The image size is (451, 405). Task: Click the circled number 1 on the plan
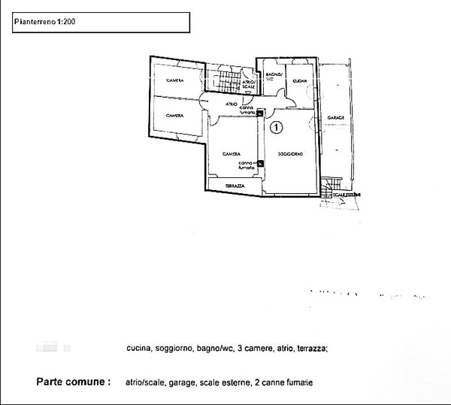(276, 128)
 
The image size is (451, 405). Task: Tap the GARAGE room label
(335, 119)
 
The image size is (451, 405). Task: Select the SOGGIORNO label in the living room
(289, 155)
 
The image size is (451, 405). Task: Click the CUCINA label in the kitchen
(299, 81)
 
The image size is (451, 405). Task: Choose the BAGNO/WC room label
(274, 76)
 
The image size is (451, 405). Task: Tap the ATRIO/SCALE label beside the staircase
(249, 86)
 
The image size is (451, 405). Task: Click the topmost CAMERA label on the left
(175, 81)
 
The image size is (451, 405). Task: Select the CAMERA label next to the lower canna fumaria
(231, 154)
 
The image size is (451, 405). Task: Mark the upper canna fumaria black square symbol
(259, 113)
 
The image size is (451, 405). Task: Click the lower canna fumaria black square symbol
(260, 164)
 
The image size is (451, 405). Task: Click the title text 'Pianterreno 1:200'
(44, 22)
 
